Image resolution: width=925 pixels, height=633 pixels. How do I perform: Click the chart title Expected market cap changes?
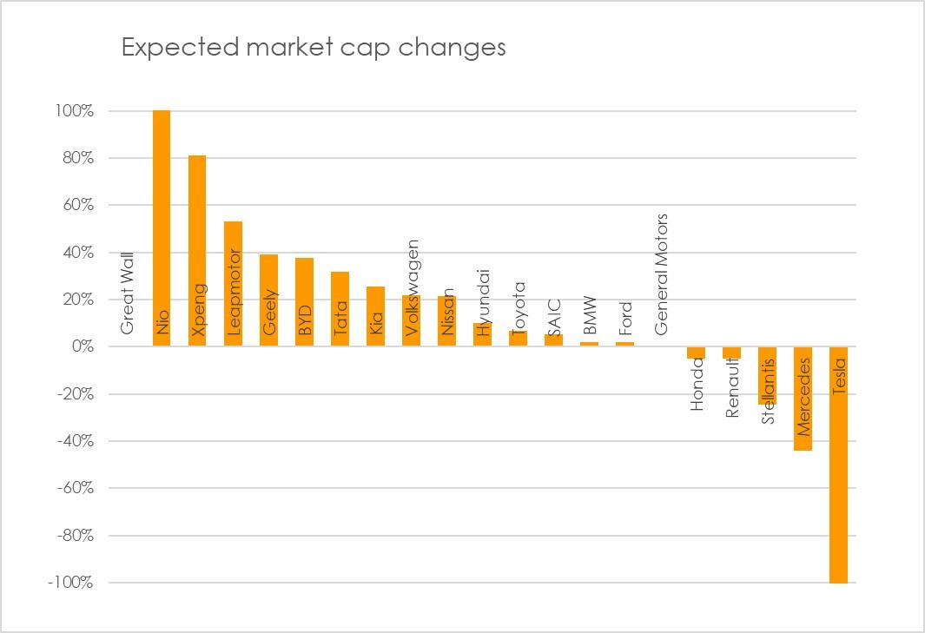point(313,47)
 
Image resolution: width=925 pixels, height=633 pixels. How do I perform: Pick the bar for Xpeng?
point(197,251)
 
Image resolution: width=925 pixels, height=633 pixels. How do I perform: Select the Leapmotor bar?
point(233,283)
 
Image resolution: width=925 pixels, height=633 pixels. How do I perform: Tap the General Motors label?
point(662,274)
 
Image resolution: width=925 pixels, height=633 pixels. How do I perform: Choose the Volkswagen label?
point(413,287)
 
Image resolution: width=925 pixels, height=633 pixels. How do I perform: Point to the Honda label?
point(697,384)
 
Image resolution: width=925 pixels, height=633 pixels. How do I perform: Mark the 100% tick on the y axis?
point(76,111)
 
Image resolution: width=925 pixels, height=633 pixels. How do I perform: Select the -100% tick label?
point(70,583)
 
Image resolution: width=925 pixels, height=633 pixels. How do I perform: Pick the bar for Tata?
point(340,309)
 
